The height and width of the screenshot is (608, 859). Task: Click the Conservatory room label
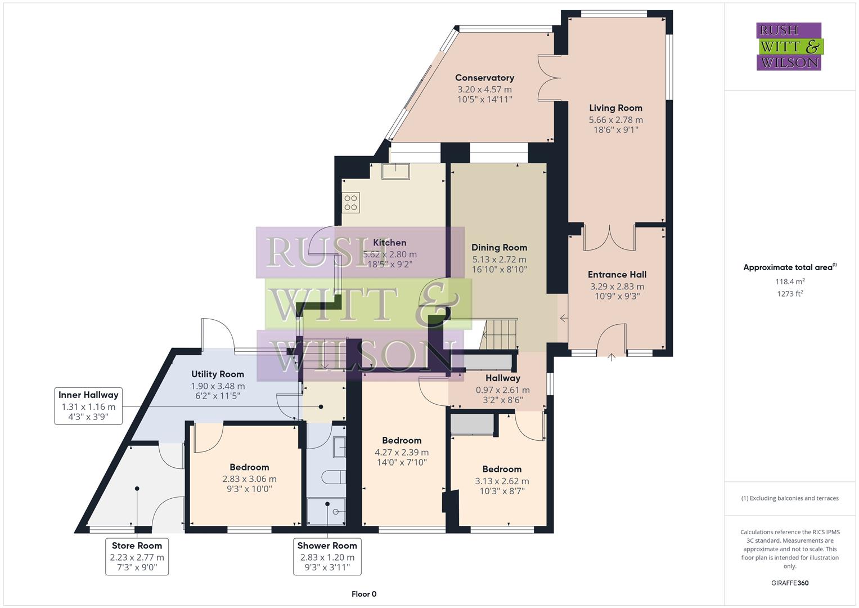[x=484, y=78]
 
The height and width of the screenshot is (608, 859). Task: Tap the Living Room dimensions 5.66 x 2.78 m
[x=615, y=119]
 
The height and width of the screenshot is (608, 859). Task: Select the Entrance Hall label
[x=617, y=275]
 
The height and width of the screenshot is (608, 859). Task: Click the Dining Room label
[x=499, y=248]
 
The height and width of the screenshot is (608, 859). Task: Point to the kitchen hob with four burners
[x=351, y=203]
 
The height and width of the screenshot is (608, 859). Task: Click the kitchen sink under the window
[x=395, y=171]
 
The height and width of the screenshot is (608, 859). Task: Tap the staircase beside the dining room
[x=500, y=334]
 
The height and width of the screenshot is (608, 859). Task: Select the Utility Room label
[x=217, y=374]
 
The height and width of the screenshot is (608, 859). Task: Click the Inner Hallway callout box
[x=88, y=406]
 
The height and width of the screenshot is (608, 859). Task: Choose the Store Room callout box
[x=137, y=556]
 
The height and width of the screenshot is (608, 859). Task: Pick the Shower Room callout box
[x=327, y=556]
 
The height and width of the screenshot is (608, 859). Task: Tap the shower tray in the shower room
[x=327, y=511]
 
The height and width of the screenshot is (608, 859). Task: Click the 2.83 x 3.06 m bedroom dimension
[x=249, y=479]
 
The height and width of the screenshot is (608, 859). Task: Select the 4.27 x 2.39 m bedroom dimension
[x=402, y=452]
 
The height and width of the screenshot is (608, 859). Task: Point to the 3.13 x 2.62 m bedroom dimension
[x=502, y=481]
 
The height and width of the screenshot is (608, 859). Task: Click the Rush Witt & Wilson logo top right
[x=789, y=47]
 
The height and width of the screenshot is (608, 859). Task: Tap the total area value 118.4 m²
[x=789, y=281]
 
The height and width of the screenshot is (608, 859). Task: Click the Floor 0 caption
[x=363, y=594]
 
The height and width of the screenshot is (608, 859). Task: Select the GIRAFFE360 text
[x=789, y=583]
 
